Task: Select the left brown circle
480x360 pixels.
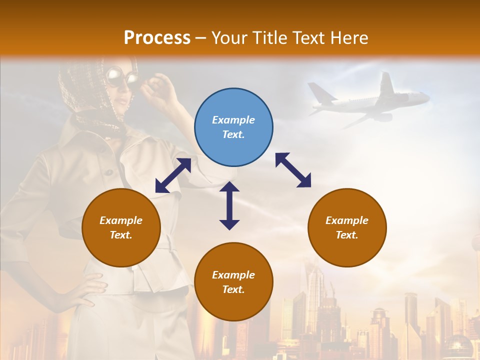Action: pos(121,227)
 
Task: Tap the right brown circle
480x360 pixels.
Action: pos(347,227)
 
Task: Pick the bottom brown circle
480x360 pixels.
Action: pos(233,282)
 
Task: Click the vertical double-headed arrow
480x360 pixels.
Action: pos(229,205)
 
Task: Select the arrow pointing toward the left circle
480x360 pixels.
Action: pos(173,175)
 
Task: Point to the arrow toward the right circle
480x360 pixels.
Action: pos(293,170)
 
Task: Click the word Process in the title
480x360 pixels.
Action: pos(157,37)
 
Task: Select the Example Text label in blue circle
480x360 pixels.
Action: pos(233,127)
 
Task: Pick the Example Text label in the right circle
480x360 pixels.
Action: pos(347,227)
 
